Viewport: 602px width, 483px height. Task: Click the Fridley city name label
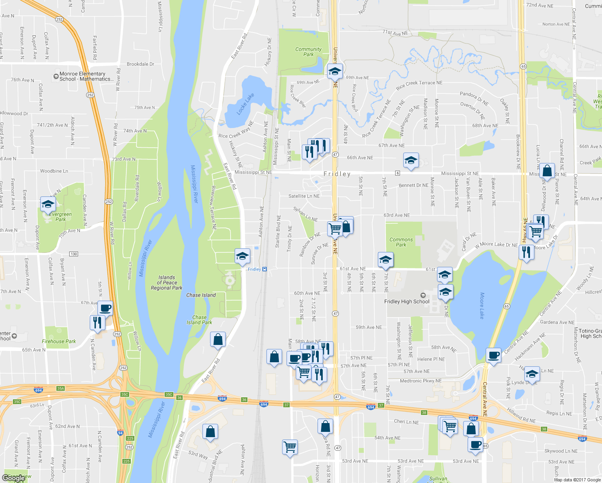[337, 174]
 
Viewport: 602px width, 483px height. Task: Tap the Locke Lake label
[245, 104]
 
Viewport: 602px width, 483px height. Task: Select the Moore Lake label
[482, 305]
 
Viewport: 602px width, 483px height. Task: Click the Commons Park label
[401, 242]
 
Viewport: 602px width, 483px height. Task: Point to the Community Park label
[308, 52]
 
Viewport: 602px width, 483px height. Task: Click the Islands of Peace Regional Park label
[167, 283]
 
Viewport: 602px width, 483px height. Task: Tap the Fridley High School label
[407, 301]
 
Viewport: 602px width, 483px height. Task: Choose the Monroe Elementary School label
[82, 76]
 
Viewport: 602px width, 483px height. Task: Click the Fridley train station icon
[264, 269]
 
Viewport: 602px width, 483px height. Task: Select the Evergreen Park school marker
[48, 205]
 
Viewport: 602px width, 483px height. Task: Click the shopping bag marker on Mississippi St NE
[547, 171]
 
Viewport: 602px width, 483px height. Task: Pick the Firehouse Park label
[59, 341]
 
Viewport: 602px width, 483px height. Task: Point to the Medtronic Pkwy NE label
[421, 381]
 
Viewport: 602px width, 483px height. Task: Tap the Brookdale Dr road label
[140, 64]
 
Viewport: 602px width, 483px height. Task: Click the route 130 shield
[74, 254]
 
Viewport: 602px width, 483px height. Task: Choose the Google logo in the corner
[14, 478]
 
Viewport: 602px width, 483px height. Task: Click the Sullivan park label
[438, 479]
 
